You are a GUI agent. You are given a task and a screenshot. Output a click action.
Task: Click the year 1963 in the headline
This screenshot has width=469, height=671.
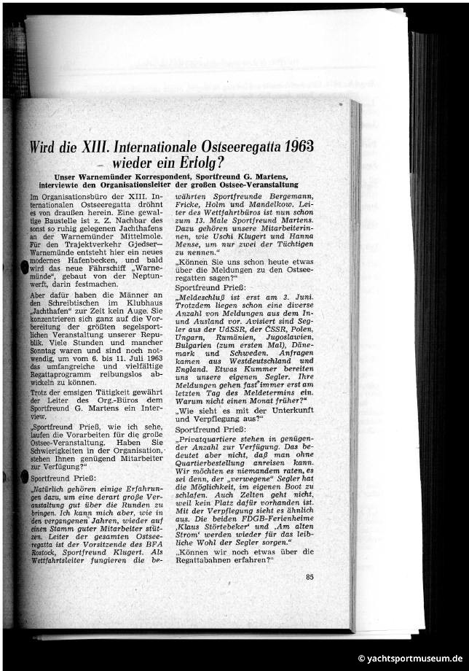(298, 144)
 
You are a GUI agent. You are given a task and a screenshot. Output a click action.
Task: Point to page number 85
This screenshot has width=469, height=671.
(310, 578)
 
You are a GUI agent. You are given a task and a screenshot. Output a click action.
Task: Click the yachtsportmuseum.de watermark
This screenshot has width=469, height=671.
(409, 658)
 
